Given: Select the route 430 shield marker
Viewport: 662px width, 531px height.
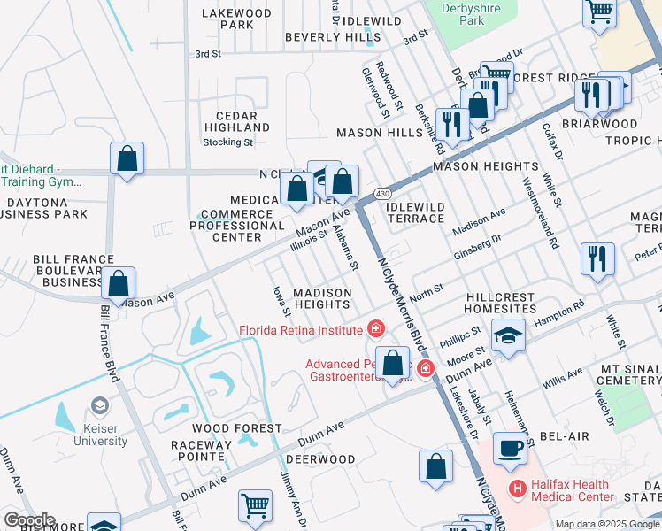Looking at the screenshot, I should [x=382, y=192].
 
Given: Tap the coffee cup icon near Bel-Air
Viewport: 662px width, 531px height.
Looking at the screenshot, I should [x=509, y=448].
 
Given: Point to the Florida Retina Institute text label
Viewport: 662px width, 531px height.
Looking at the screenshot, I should [x=301, y=330].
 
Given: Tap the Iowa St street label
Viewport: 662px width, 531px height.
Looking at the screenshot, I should [x=281, y=300].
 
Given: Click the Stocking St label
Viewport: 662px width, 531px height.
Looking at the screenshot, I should [x=228, y=142].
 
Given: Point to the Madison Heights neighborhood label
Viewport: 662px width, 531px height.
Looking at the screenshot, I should [x=322, y=298].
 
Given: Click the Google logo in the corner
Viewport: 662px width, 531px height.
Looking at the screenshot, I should [x=28, y=520].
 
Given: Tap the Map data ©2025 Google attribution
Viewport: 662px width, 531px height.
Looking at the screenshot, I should [x=606, y=524].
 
